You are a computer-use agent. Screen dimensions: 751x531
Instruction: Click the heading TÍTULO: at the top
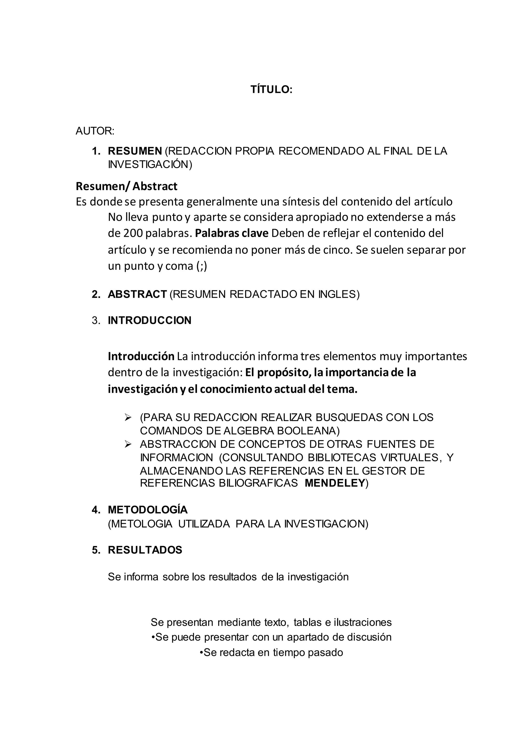[271, 90]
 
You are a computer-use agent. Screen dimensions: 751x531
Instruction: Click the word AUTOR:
[95, 131]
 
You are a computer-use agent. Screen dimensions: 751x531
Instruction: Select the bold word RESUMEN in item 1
[135, 151]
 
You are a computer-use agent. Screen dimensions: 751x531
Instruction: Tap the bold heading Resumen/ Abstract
[127, 186]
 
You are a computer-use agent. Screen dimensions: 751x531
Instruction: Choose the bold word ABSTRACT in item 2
[137, 294]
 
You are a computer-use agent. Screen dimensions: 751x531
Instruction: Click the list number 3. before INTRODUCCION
[96, 321]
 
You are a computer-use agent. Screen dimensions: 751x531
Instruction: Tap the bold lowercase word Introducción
[141, 356]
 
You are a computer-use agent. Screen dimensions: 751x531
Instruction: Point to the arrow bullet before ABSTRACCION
[128, 444]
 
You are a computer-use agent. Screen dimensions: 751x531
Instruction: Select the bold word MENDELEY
[334, 483]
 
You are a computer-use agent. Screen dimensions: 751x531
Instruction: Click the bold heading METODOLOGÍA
[148, 510]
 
